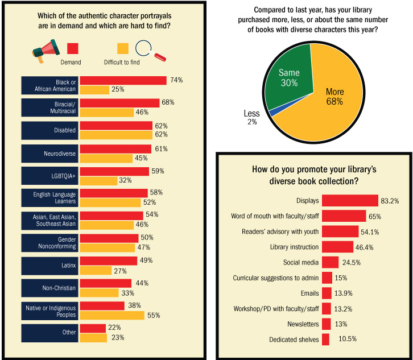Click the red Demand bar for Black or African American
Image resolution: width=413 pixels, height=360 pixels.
123,80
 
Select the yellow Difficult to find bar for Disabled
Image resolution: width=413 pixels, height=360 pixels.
116,135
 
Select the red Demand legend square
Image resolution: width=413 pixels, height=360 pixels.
73,49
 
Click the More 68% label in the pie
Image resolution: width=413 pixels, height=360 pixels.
334,97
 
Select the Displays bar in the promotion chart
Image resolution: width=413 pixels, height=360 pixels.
350,200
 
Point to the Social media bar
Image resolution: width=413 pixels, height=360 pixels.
330,262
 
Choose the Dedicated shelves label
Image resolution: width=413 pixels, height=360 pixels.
294,340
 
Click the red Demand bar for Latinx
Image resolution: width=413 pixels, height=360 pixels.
108,260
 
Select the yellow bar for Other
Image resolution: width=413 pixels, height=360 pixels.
93,337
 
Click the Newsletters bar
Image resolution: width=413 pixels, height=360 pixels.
326,324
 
